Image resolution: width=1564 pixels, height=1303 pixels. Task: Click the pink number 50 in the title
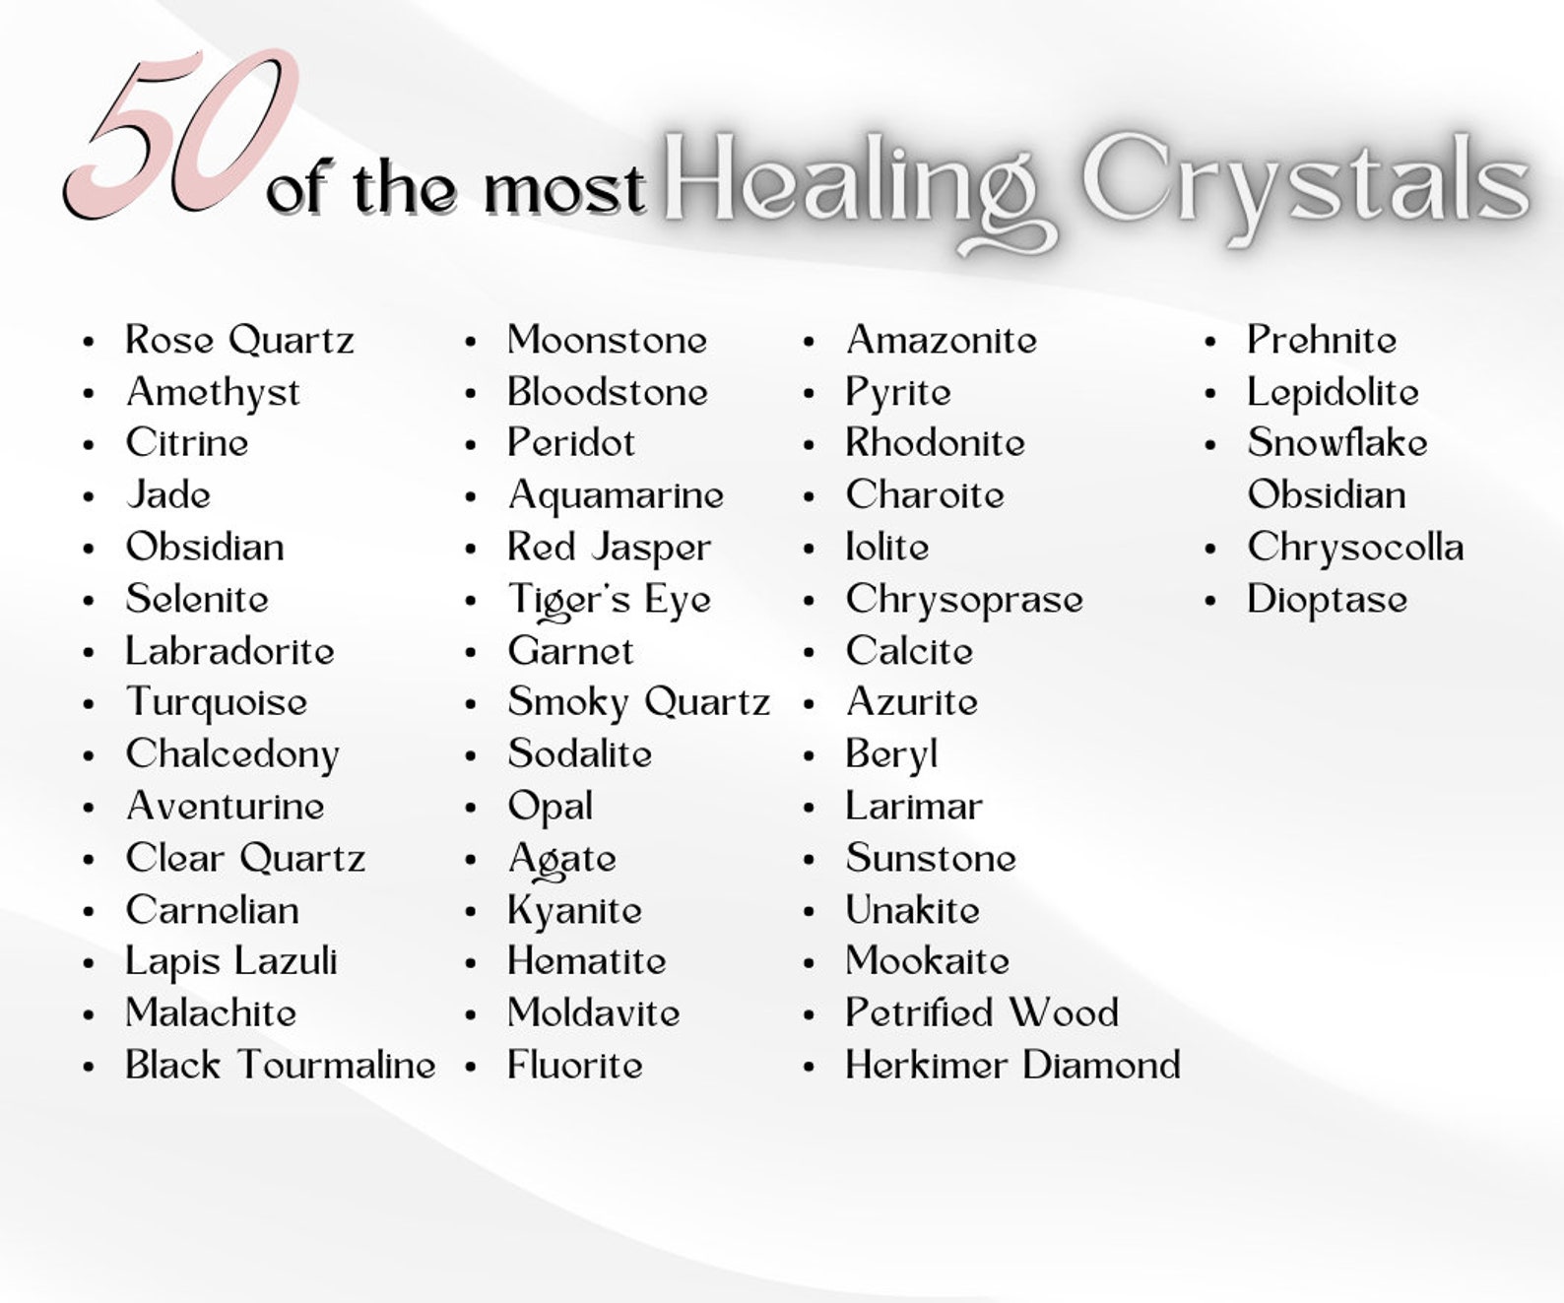pyautogui.click(x=182, y=133)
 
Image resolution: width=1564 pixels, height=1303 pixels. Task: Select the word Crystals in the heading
pyautogui.click(x=1305, y=182)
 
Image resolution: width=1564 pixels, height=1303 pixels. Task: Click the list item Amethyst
pyautogui.click(x=213, y=393)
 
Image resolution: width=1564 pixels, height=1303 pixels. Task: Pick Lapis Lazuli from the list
pyautogui.click(x=231, y=962)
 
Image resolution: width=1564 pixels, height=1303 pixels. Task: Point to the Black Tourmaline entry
pyautogui.click(x=281, y=1065)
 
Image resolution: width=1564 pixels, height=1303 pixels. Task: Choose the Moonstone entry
pyautogui.click(x=607, y=341)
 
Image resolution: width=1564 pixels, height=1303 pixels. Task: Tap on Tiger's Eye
pyautogui.click(x=609, y=600)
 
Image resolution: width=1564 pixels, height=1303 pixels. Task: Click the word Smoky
pyautogui.click(x=567, y=703)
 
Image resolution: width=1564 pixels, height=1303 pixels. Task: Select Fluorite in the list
pyautogui.click(x=574, y=1065)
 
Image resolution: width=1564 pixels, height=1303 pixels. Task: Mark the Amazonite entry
pyautogui.click(x=941, y=341)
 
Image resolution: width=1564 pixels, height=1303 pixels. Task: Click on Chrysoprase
pyautogui.click(x=963, y=600)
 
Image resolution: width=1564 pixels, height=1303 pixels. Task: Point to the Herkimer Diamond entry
pyautogui.click(x=1012, y=1065)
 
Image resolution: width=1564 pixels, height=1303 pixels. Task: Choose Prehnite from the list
pyautogui.click(x=1321, y=341)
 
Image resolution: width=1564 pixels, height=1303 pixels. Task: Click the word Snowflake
pyautogui.click(x=1336, y=443)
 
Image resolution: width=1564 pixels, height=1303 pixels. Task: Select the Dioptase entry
pyautogui.click(x=1327, y=600)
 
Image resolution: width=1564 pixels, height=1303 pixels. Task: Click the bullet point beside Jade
pyautogui.click(x=90, y=496)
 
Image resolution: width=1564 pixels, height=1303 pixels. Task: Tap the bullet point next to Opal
pyautogui.click(x=471, y=808)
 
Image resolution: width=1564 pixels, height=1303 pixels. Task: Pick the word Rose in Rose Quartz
pyautogui.click(x=169, y=341)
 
